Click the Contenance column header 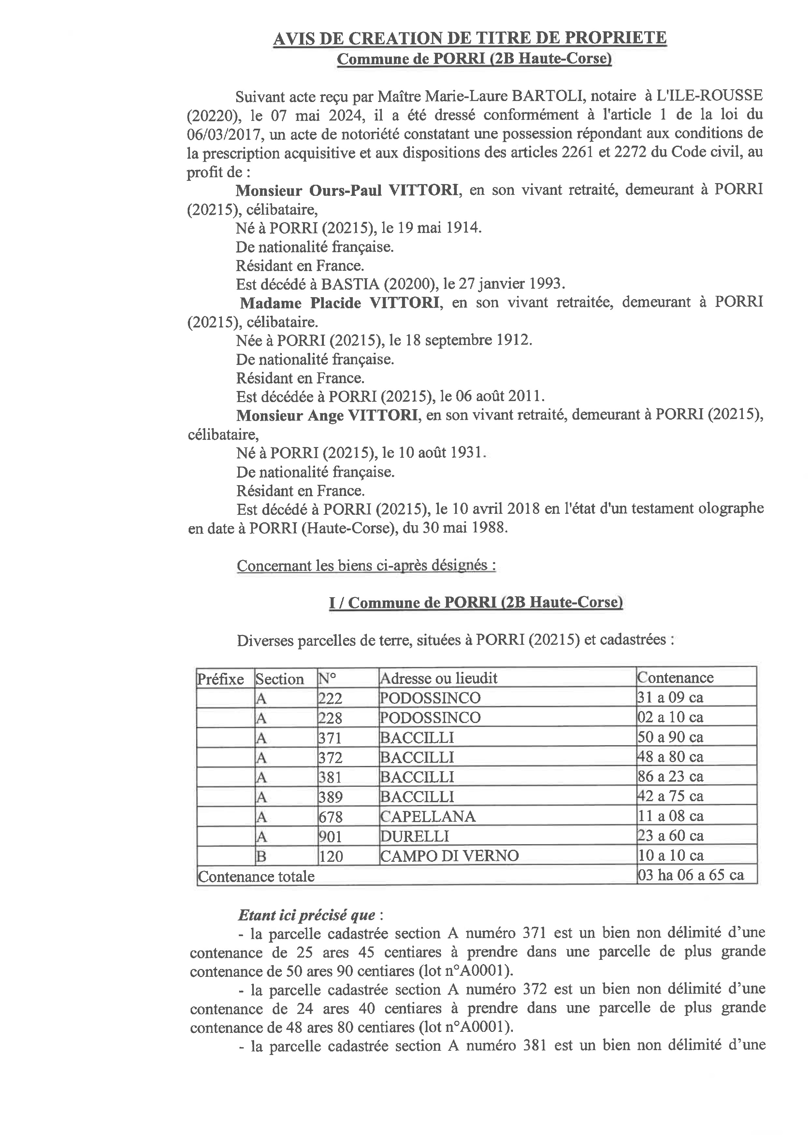[x=675, y=678]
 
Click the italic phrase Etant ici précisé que [x=307, y=915]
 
